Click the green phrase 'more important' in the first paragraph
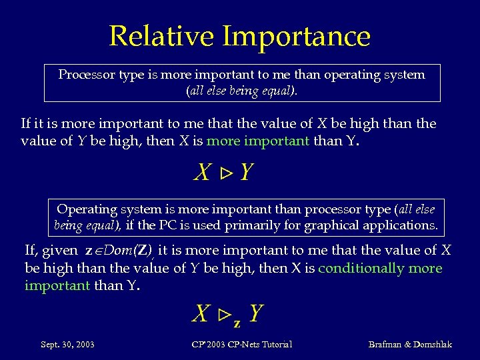[x=257, y=141]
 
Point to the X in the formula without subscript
[x=203, y=173]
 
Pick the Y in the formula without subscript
[x=246, y=173]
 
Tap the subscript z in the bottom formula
[x=237, y=323]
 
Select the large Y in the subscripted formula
[x=256, y=313]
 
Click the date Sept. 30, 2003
[x=67, y=345]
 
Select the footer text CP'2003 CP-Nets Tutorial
[x=242, y=345]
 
